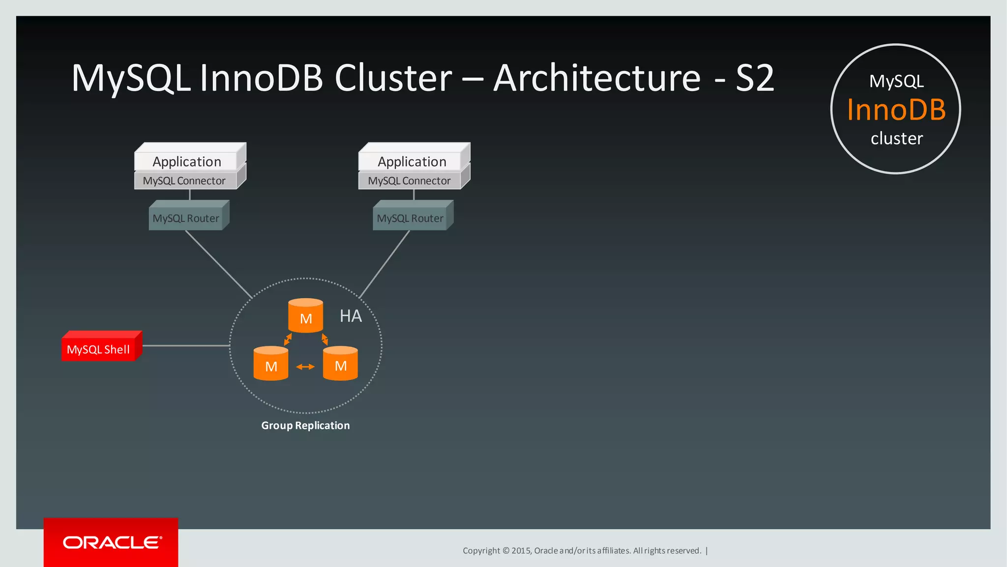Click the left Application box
pos(187,161)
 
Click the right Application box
pos(412,161)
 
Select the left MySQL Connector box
pos(184,181)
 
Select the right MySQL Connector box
pos(409,181)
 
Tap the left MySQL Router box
pos(186,218)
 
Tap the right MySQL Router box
pos(410,218)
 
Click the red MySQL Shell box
pos(98,349)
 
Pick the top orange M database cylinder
pos(305,316)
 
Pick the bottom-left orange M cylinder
pos(270,365)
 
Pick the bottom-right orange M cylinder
pos(340,364)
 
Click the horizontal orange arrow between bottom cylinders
pos(305,367)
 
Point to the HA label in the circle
pos(351,316)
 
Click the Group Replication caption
pos(305,426)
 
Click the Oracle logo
pos(112,542)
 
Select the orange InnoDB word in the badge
pos(896,110)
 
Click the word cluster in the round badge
pos(896,139)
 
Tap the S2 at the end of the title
pos(755,79)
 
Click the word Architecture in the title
pos(596,79)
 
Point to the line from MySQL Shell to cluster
pos(186,346)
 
